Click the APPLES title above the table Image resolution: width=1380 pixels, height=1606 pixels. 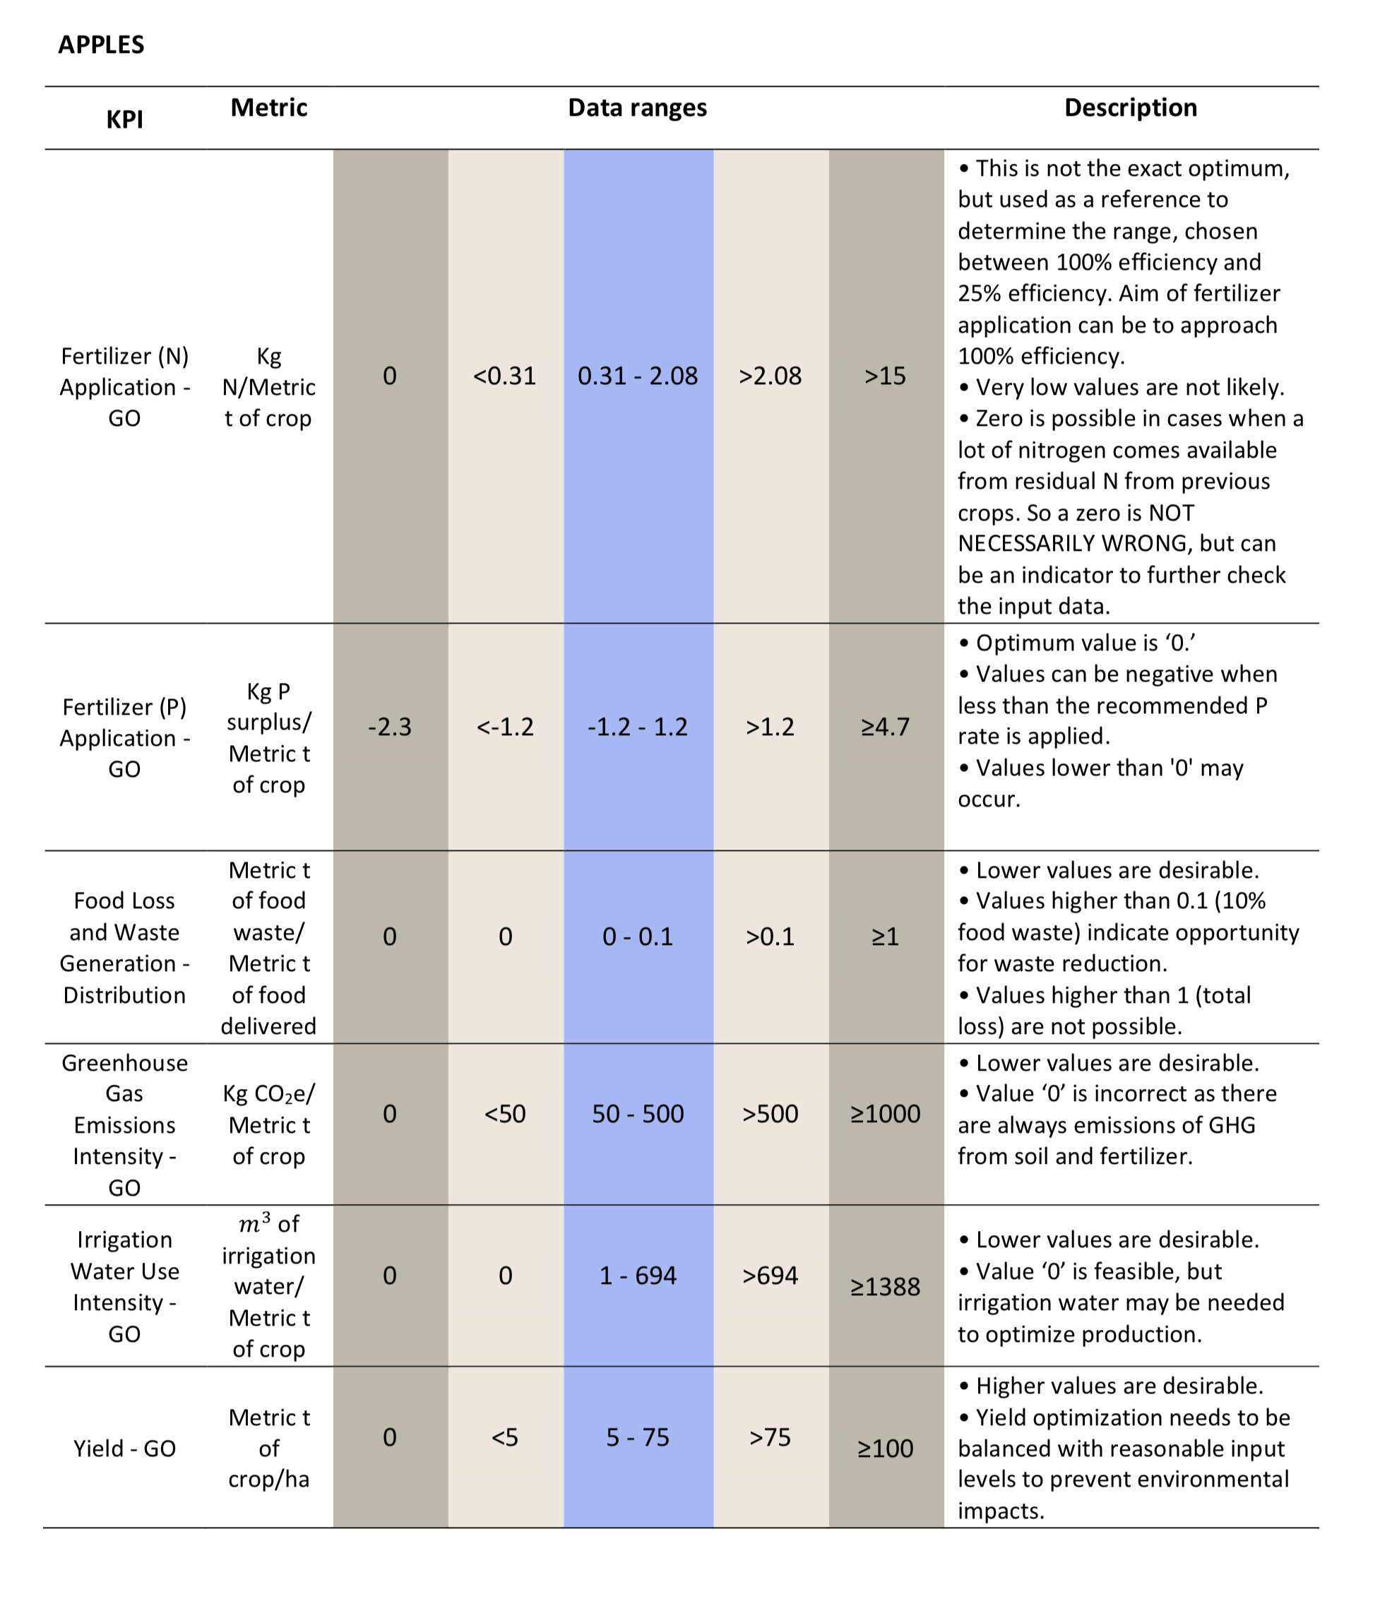(101, 45)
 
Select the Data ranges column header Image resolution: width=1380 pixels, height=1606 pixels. (637, 108)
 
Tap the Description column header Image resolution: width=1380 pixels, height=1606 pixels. (1131, 108)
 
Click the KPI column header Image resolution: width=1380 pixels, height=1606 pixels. (125, 120)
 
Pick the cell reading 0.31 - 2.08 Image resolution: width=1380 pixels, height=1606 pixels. (637, 376)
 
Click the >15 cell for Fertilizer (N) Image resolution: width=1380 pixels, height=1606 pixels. (886, 376)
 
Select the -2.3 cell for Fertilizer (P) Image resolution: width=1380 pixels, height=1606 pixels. (390, 727)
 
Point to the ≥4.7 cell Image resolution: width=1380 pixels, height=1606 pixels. (886, 727)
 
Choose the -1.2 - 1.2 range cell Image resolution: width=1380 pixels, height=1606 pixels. (637, 727)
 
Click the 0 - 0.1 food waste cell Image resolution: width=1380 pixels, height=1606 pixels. (637, 937)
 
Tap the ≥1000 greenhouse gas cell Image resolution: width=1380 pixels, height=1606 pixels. (886, 1114)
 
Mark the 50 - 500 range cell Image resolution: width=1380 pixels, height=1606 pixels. (637, 1114)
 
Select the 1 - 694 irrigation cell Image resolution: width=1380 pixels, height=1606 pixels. (637, 1275)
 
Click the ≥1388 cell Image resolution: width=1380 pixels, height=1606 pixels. (886, 1287)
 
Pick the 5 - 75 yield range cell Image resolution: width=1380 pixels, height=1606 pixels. (637, 1438)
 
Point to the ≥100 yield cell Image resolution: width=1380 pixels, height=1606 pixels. (886, 1449)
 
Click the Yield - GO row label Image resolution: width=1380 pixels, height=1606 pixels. (125, 1449)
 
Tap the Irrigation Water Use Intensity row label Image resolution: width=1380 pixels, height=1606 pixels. (125, 1287)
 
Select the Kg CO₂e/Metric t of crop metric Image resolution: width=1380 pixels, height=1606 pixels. (269, 1124)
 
